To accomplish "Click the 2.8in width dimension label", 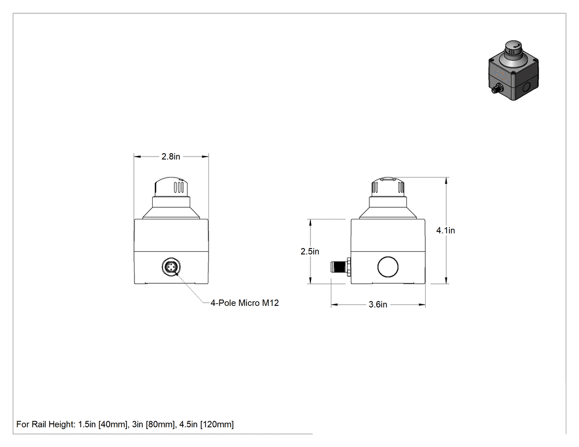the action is (x=170, y=157).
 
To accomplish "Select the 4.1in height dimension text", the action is (x=446, y=230).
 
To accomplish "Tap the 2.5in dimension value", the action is (x=310, y=251).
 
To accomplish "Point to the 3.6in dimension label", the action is (x=378, y=304).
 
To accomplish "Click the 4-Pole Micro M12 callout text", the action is (x=244, y=303).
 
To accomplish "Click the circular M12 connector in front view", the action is (x=171, y=267).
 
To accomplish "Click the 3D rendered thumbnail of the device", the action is (x=513, y=70).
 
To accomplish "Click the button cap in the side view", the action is (x=388, y=187).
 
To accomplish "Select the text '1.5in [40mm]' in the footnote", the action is (x=103, y=424).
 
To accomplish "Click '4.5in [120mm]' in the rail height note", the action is (x=206, y=424).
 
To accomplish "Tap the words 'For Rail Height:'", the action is (x=46, y=424).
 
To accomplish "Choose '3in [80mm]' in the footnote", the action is (x=153, y=424).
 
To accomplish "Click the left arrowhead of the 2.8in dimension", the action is (x=137, y=157).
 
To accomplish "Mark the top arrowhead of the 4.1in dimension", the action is (x=447, y=181).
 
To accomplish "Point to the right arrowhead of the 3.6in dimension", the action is (x=422, y=304).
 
